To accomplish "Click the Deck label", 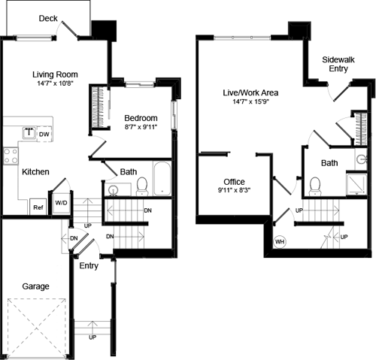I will point(48,18).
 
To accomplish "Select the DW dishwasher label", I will point(44,135).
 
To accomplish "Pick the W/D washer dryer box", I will point(61,203).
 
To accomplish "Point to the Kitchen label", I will point(35,172).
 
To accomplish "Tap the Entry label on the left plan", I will point(89,265).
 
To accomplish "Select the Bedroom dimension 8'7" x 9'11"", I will point(140,129).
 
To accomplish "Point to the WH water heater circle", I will point(280,242).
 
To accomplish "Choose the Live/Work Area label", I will point(250,92).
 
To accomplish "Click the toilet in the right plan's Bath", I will point(315,184).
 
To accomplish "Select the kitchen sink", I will point(29,133).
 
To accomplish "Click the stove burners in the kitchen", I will point(11,156).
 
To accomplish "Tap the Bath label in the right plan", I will point(329,163).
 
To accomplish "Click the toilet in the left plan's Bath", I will point(141,184).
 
